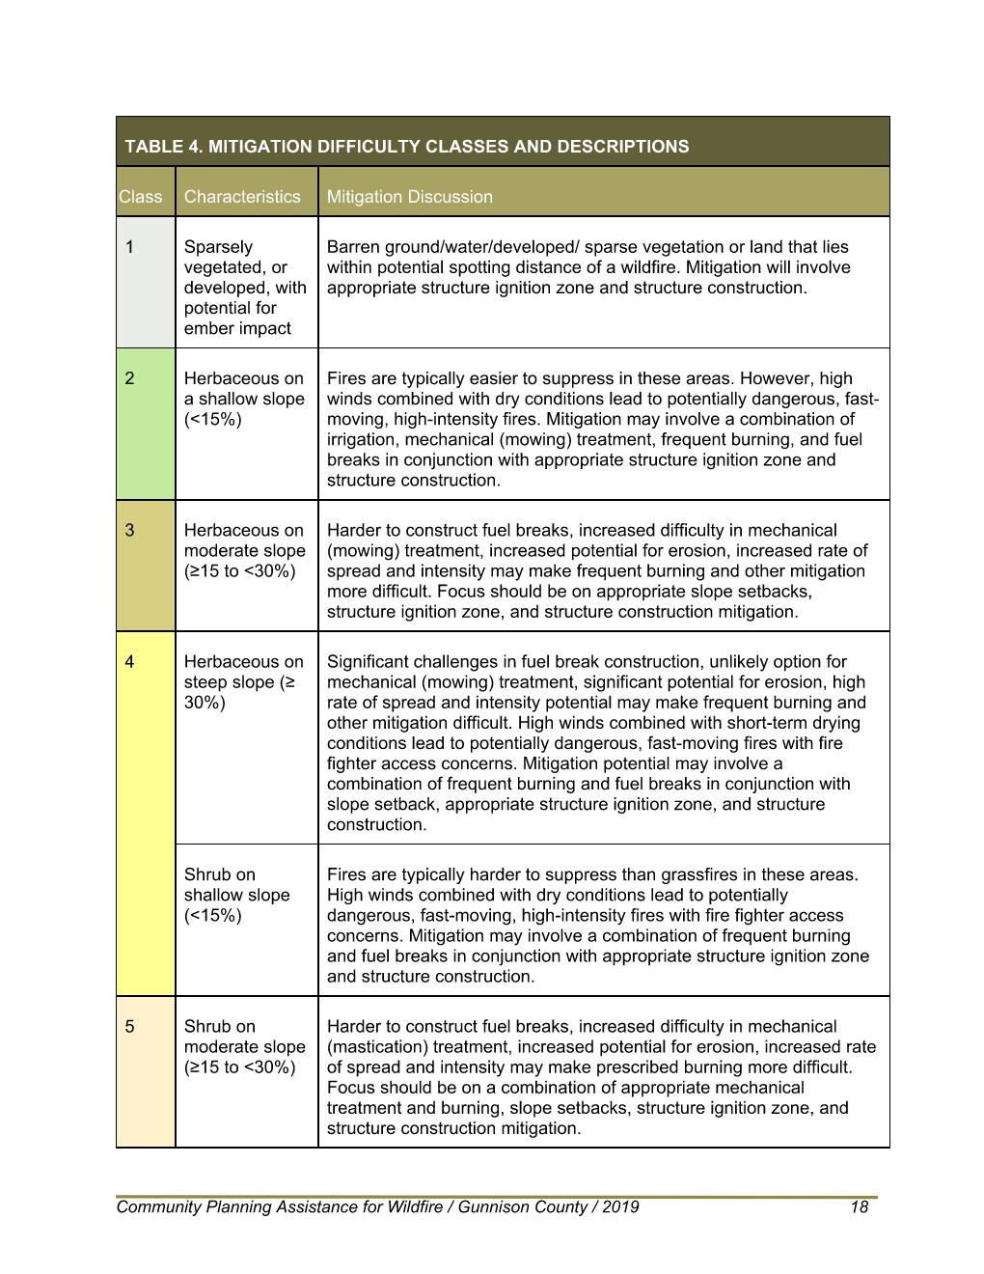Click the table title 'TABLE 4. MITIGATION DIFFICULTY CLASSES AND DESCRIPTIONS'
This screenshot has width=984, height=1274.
tap(406, 147)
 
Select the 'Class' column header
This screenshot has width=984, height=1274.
tap(141, 197)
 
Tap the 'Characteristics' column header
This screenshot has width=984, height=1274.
tap(242, 197)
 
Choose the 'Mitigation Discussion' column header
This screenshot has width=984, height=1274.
tap(409, 197)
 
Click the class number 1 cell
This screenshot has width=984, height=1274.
tap(130, 247)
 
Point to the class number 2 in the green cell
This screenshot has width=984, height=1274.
tap(130, 378)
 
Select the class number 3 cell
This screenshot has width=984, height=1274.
tap(130, 530)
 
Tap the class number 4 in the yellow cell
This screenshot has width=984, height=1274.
tap(130, 662)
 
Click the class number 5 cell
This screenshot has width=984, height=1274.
tap(130, 1026)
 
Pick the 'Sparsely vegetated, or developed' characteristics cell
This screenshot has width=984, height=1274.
tap(245, 288)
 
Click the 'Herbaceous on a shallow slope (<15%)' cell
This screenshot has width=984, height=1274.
tap(243, 399)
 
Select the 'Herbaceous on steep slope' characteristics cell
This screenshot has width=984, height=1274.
tap(243, 681)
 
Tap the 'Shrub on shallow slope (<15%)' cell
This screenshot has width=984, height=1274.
tap(236, 895)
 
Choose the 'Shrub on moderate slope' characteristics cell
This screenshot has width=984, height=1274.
tap(244, 1046)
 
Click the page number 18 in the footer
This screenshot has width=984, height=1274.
tap(859, 1207)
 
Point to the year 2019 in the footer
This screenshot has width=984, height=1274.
tap(618, 1207)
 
